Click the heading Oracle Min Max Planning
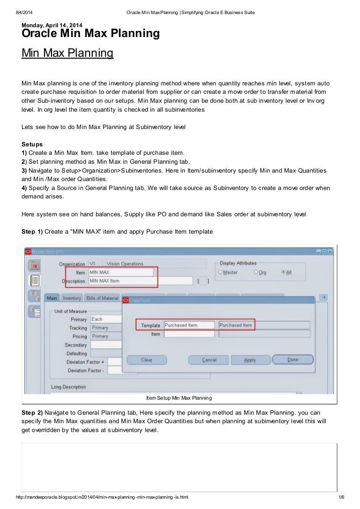point(90,34)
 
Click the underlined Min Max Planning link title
point(67,53)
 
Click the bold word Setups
point(32,144)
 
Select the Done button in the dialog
point(292,360)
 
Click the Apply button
point(250,360)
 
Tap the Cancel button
point(209,360)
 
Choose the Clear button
point(147,360)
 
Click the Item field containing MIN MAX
point(120,272)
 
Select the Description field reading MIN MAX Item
point(140,281)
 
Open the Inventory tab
point(72,298)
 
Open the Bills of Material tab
point(102,298)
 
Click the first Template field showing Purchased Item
point(188,325)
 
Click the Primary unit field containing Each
point(105,319)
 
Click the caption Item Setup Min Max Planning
point(179,398)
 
